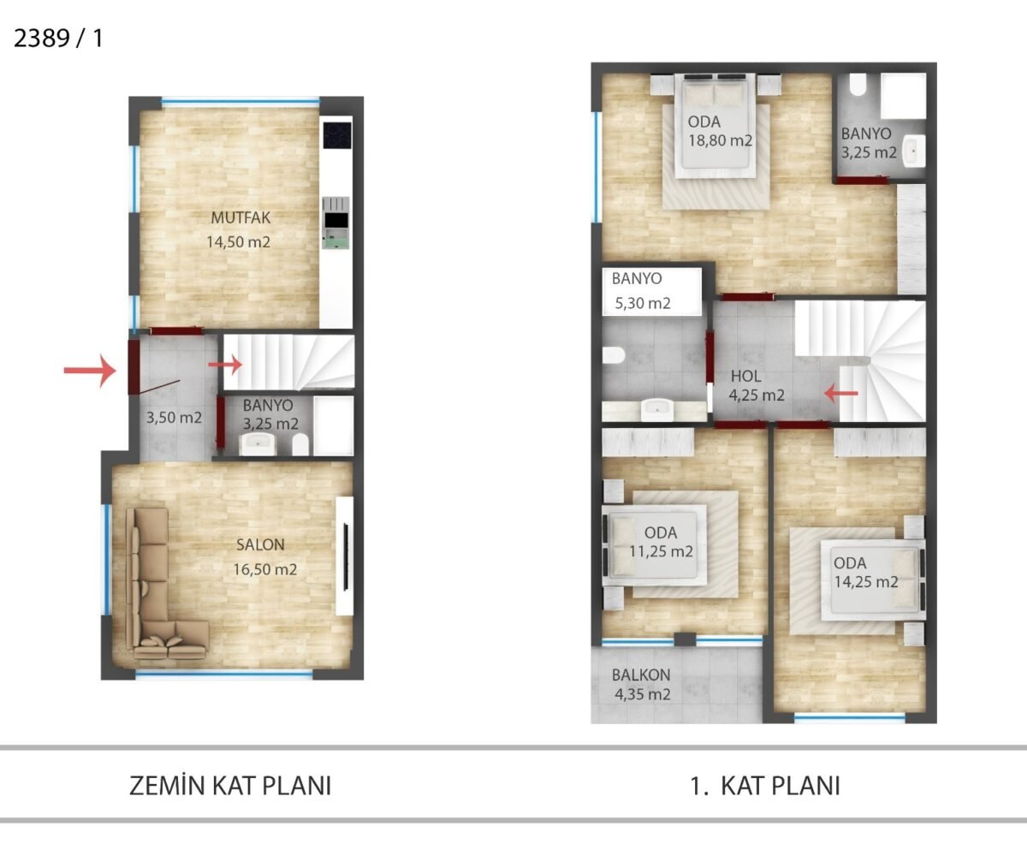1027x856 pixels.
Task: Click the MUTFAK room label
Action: pos(240,217)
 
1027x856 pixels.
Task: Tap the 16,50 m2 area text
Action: pos(265,569)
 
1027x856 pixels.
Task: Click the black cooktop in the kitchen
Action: pos(337,134)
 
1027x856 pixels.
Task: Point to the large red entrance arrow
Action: pos(90,371)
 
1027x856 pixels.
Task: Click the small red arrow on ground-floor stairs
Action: pos(225,365)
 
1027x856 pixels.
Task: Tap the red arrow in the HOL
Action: pos(841,393)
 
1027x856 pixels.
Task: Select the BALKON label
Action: pos(641,675)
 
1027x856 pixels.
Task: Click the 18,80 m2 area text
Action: pos(720,140)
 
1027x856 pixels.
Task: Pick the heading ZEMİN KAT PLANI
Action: pos(230,786)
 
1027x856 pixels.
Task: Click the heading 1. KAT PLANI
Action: pos(765,786)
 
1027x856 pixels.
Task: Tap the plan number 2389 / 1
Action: pos(58,39)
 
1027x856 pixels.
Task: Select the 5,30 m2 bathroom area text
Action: pos(643,303)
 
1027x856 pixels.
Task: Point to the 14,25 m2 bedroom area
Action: pos(866,582)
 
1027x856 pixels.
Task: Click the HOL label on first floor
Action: pos(745,377)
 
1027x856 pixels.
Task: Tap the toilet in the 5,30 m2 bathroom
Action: pos(614,355)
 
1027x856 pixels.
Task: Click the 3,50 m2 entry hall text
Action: pos(174,418)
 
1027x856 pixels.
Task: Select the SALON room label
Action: pos(260,544)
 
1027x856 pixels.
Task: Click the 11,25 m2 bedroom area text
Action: pos(661,551)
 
